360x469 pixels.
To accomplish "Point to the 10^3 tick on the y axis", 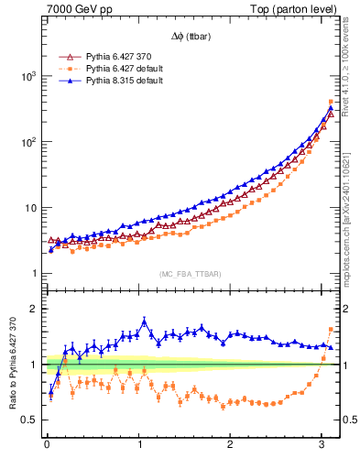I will click(27, 76).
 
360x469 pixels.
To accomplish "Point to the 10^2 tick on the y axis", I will click(27, 142).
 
